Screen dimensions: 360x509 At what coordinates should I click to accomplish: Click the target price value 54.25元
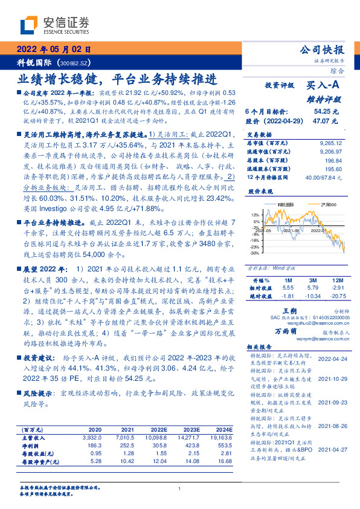click(x=326, y=112)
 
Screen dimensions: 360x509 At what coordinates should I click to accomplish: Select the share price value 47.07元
click(x=326, y=121)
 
